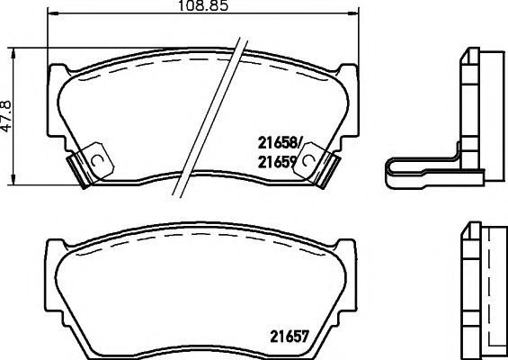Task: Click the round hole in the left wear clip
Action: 97,160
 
